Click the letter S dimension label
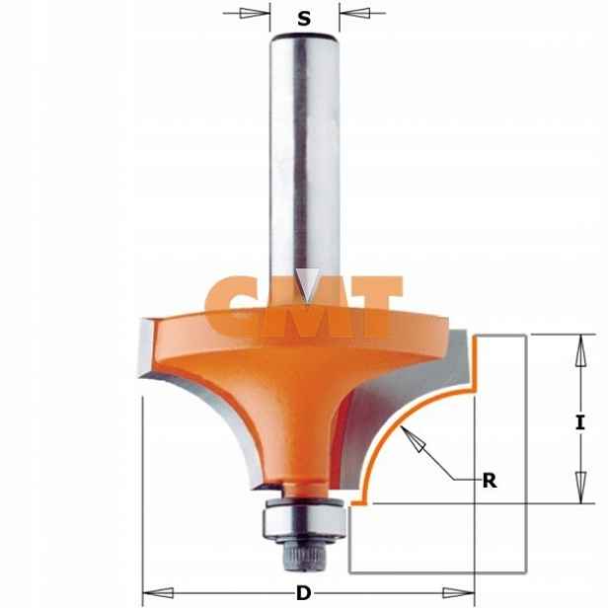click(x=304, y=18)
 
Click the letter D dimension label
click(x=304, y=593)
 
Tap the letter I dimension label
click(x=580, y=421)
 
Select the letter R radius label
click(x=490, y=481)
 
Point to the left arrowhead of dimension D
click(x=158, y=593)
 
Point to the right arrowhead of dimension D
click(x=459, y=593)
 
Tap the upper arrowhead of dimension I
click(x=580, y=350)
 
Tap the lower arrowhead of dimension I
click(x=580, y=488)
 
